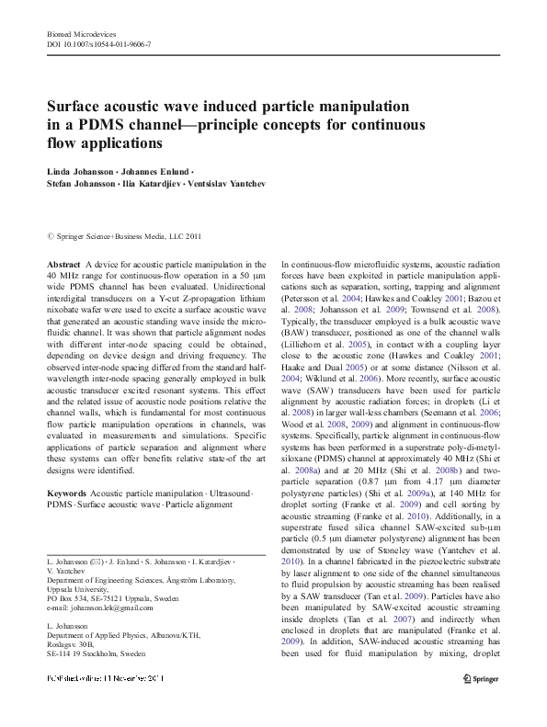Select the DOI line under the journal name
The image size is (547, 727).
point(99,44)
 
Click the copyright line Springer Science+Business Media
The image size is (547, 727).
point(129,236)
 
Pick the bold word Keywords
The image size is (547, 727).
point(67,494)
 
